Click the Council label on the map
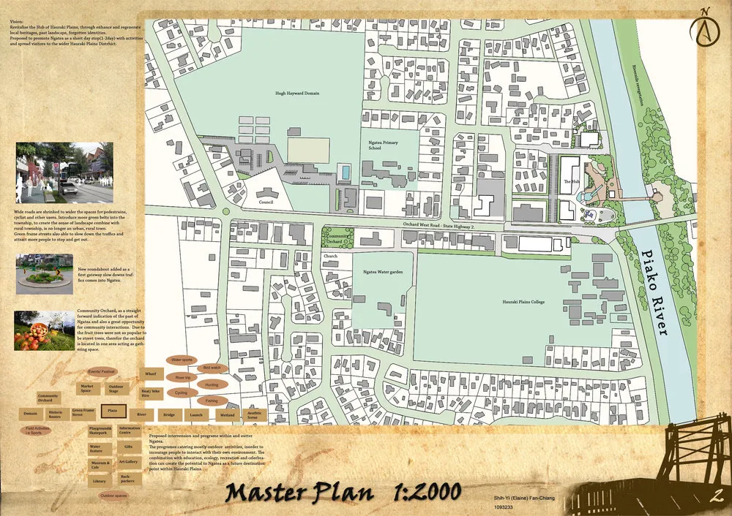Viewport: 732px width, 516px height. point(265,202)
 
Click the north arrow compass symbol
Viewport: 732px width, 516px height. point(704,24)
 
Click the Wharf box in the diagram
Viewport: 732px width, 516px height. point(151,373)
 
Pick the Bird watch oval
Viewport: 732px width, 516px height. point(212,368)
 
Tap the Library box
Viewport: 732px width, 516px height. point(100,481)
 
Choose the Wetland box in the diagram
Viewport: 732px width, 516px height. point(227,414)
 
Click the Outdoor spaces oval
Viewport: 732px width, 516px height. point(113,496)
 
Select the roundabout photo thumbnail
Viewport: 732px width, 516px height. point(44,269)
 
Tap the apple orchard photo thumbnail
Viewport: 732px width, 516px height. point(44,330)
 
